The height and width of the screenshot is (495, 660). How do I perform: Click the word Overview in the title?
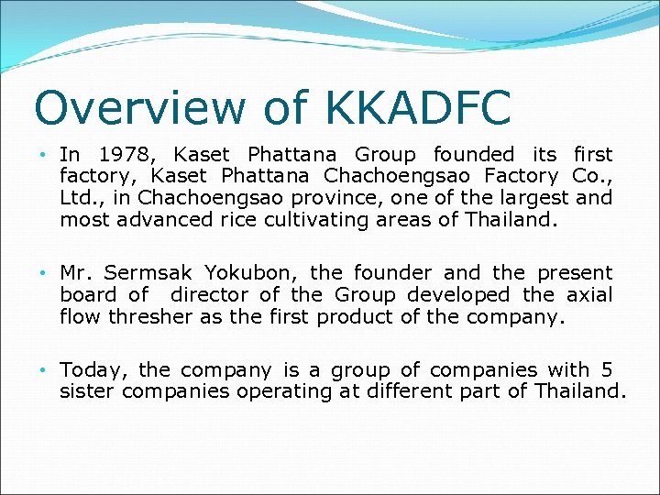[138, 107]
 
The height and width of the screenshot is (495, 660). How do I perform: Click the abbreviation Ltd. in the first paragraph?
[80, 198]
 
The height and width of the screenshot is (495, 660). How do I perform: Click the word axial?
[589, 294]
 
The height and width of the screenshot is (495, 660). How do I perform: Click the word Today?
[95, 370]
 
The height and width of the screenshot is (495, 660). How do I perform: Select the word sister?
[88, 391]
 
